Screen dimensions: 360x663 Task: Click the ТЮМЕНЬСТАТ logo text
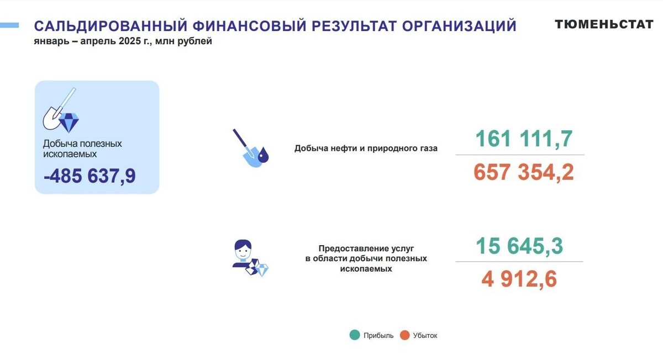coord(604,24)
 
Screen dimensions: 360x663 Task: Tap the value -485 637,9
coord(90,176)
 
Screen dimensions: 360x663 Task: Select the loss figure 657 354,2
coord(523,172)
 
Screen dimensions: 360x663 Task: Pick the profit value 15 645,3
coord(519,246)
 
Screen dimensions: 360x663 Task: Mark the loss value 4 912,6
coord(519,279)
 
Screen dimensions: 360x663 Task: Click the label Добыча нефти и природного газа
coord(366,148)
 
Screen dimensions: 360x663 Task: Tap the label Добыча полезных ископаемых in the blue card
coord(82,149)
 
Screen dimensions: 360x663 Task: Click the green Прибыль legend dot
coord(355,335)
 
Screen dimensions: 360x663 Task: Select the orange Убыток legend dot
coord(404,335)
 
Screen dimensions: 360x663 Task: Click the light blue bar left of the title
coord(9,25)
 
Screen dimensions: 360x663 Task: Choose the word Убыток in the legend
coord(425,335)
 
